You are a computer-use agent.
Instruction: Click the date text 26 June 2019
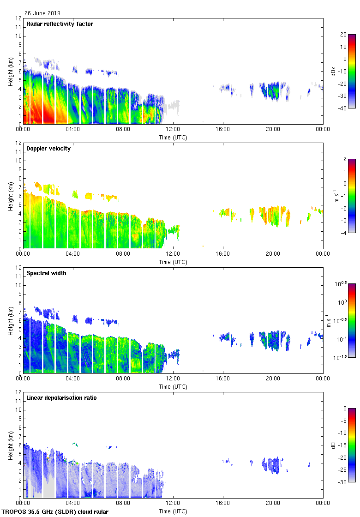tap(42, 13)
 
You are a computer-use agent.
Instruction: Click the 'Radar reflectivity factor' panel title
tap(60, 24)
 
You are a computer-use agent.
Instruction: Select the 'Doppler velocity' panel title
tap(48, 149)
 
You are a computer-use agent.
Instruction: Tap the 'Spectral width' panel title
tap(47, 273)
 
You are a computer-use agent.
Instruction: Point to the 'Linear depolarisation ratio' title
tap(61, 398)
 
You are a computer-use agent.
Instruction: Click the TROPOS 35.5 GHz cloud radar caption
tap(55, 511)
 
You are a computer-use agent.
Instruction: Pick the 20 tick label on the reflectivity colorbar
tap(343, 35)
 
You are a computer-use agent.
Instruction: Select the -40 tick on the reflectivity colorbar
tap(343, 108)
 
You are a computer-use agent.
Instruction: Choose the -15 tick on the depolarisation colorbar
tap(344, 445)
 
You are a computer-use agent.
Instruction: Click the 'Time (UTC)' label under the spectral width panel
tap(173, 386)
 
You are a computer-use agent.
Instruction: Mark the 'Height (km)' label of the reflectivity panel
tap(10, 71)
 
